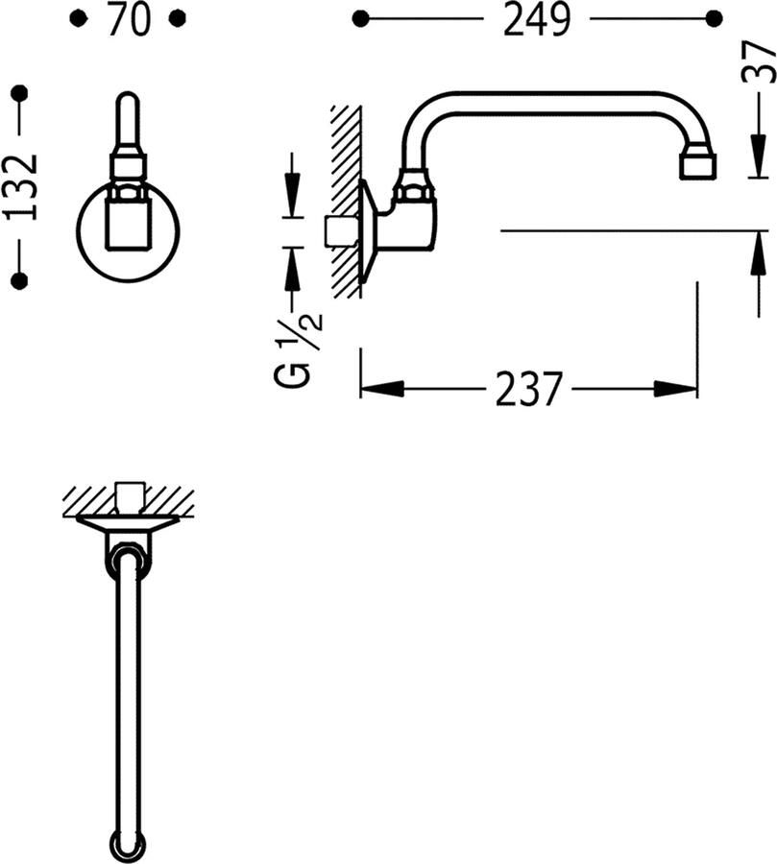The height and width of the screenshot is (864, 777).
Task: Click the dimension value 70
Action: click(129, 19)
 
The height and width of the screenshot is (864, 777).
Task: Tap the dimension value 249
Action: click(537, 19)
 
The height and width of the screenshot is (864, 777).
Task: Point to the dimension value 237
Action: click(528, 389)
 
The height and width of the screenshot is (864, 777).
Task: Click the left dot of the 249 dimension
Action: click(361, 18)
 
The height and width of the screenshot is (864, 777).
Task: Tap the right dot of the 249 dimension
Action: click(713, 18)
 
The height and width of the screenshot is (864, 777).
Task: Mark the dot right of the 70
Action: click(177, 18)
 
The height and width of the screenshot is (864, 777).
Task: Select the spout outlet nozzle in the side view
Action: click(696, 166)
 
